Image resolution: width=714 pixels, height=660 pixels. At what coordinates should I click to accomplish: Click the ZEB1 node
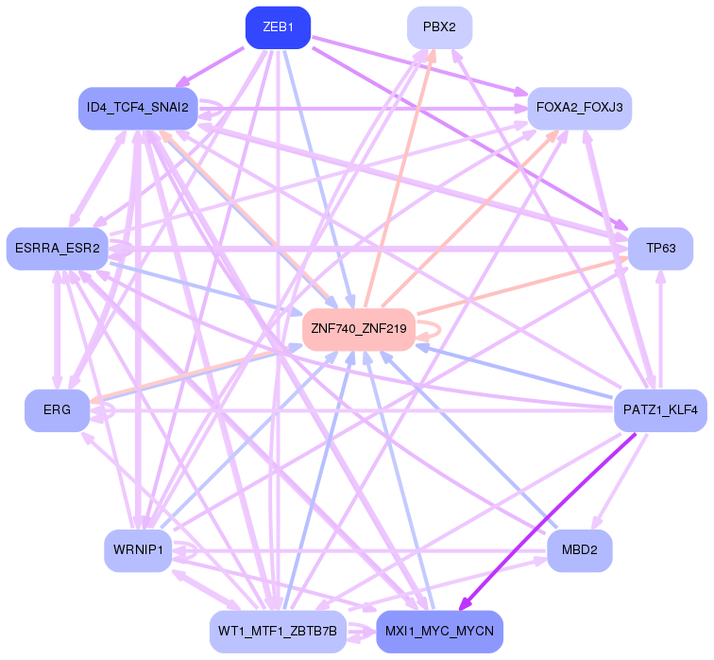(278, 27)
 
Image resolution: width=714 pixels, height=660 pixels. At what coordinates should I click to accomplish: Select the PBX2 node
(439, 27)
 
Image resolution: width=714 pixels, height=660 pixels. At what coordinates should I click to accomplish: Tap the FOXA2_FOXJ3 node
(580, 108)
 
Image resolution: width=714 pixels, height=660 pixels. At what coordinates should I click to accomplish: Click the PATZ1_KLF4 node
(660, 411)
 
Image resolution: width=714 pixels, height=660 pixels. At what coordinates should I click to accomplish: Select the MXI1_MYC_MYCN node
(439, 631)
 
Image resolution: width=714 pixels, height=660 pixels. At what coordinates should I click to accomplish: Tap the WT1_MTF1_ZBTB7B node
(278, 631)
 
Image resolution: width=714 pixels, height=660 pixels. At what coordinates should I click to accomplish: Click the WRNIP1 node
(138, 550)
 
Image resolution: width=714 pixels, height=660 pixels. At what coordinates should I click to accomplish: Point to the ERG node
(57, 411)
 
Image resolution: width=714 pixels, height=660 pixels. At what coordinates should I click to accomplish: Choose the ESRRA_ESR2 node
(57, 249)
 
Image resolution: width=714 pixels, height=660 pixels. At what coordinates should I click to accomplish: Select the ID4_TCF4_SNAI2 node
(138, 108)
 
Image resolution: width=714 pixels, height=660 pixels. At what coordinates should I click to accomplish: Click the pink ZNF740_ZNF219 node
(359, 329)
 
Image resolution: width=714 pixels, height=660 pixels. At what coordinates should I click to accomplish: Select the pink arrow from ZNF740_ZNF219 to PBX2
(401, 175)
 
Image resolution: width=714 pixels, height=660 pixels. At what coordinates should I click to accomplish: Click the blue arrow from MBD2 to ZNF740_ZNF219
(491, 458)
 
